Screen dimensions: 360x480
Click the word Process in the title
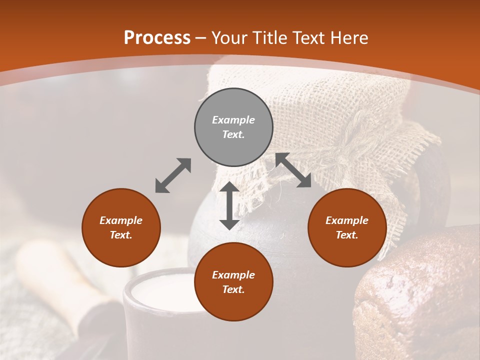(x=157, y=38)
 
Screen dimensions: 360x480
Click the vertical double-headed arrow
(x=229, y=205)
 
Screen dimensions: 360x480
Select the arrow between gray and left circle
(x=173, y=175)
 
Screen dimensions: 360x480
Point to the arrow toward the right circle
(x=293, y=170)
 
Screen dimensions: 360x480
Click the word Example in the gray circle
(x=233, y=120)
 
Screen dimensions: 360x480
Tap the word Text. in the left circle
(x=121, y=235)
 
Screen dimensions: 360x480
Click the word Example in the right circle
(x=347, y=220)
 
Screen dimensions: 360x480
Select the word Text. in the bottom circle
(x=233, y=289)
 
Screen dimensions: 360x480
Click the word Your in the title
(x=228, y=38)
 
